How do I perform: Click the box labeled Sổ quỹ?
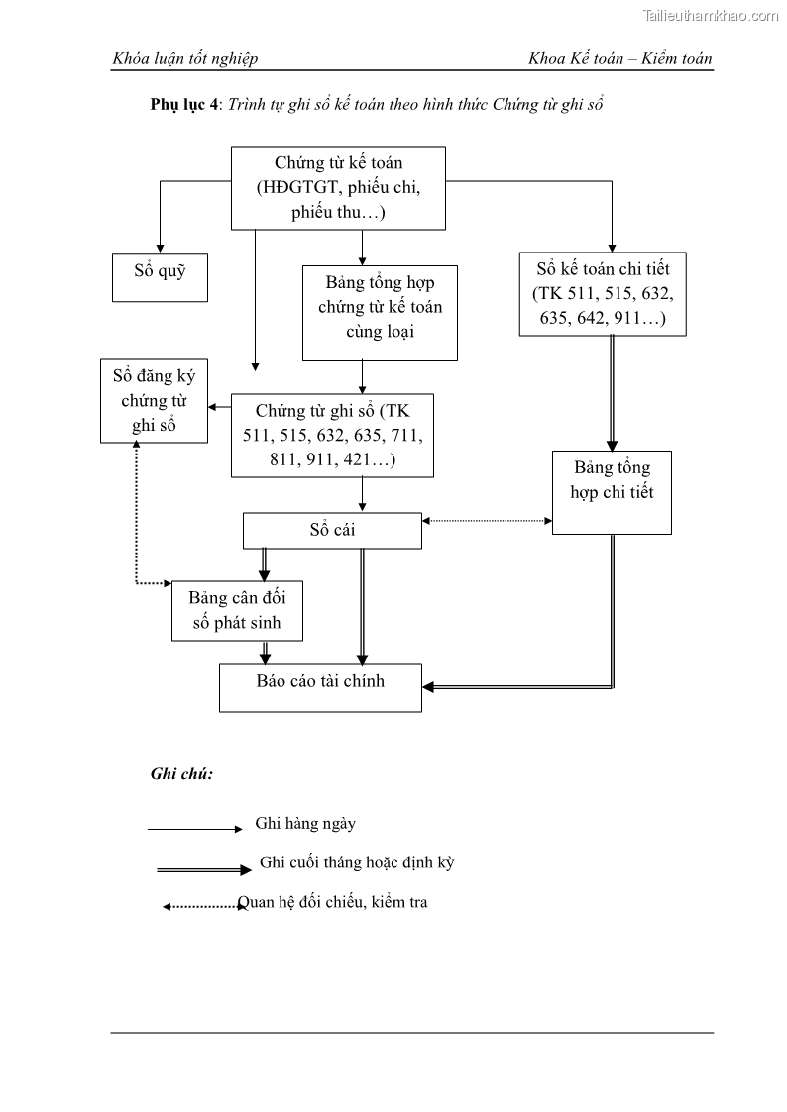click(x=160, y=276)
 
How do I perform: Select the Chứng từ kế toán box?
click(x=338, y=187)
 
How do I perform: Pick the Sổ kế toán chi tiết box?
click(x=603, y=293)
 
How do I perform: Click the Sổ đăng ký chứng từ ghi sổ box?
click(x=154, y=400)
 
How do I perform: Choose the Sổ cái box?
click(x=332, y=530)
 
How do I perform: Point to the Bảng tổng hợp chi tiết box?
click(x=612, y=492)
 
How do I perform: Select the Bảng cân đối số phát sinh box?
click(x=237, y=610)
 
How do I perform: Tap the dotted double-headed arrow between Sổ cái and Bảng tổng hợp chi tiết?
click(x=487, y=520)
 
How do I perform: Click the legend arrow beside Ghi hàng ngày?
click(x=194, y=829)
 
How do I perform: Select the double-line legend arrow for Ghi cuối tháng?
click(x=204, y=870)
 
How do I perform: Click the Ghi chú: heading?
click(x=181, y=774)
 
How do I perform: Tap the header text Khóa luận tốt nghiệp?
click(x=185, y=59)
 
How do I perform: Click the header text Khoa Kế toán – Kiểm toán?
click(x=620, y=59)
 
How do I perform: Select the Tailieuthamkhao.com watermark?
click(x=711, y=15)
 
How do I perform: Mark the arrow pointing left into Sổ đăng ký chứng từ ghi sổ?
click(x=219, y=406)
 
